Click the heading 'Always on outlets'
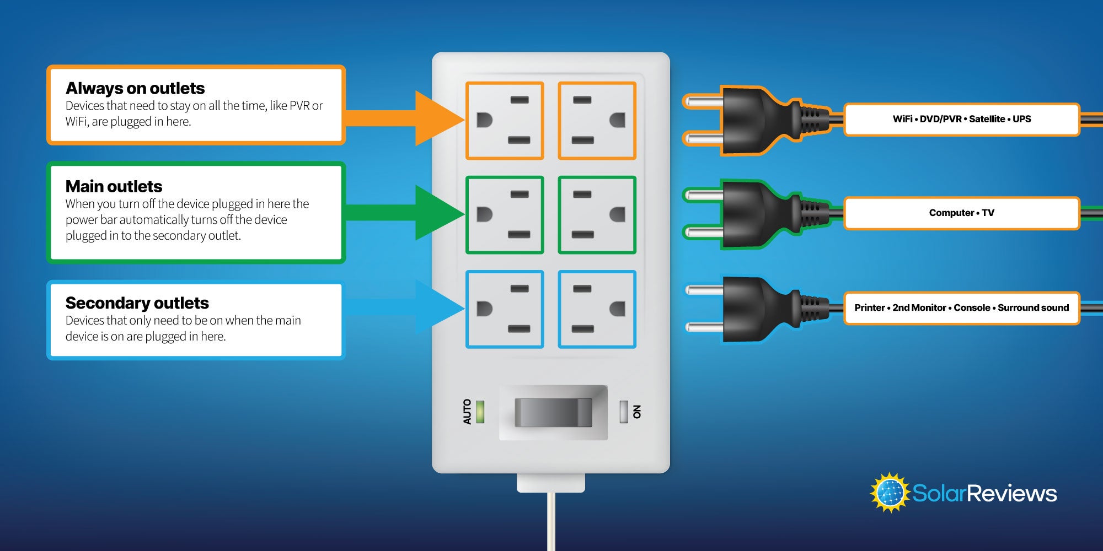click(x=135, y=88)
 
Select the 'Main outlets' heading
click(x=114, y=186)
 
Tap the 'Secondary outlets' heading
click(x=137, y=303)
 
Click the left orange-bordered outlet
click(x=505, y=121)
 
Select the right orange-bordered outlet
click(x=597, y=121)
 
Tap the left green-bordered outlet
click(x=505, y=215)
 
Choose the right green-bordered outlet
click(x=597, y=215)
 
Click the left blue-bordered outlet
click(x=505, y=309)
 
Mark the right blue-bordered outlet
click(x=597, y=309)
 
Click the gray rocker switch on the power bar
click(x=553, y=413)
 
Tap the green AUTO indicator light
click(x=480, y=412)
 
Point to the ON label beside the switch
click(x=637, y=412)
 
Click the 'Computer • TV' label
click(x=961, y=213)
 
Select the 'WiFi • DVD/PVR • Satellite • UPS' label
click(x=961, y=119)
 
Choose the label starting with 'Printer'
click(x=961, y=307)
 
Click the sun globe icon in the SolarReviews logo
click(x=889, y=492)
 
